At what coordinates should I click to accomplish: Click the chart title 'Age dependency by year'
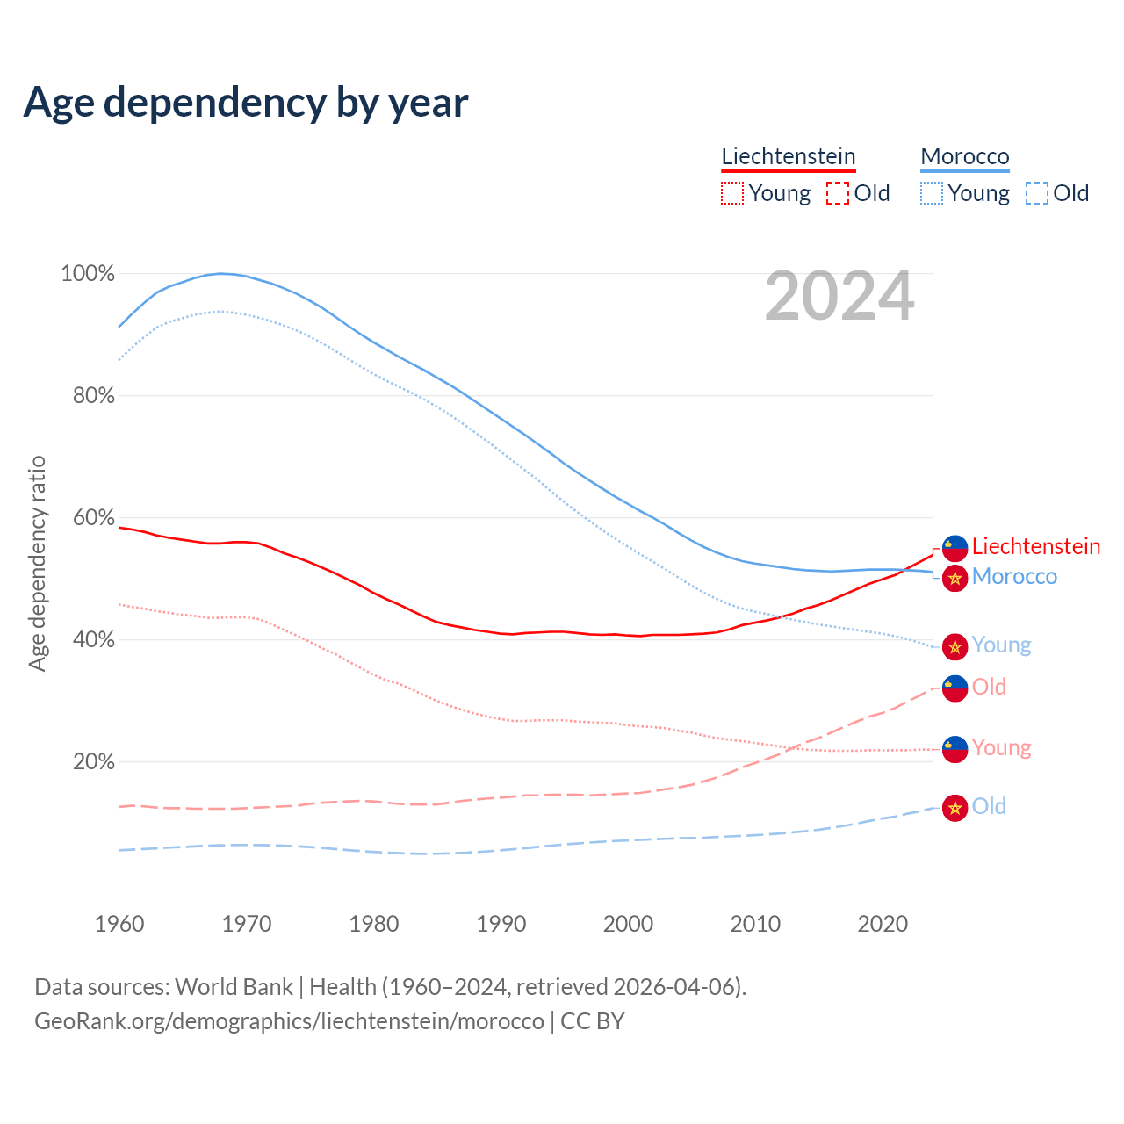coord(246,102)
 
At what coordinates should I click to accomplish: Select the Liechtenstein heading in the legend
coord(788,156)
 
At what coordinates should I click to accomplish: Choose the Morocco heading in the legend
coord(964,156)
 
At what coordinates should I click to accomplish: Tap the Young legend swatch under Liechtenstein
coord(731,193)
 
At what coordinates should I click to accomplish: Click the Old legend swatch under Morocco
coord(1037,193)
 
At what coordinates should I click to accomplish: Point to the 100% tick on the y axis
coord(88,274)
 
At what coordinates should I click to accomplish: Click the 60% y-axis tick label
coord(93,518)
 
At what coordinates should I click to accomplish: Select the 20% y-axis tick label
coord(93,762)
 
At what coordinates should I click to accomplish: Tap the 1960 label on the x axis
coord(119,924)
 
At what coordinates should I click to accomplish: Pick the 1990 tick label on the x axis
coord(501,924)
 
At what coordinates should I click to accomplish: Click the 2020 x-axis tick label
coord(883,924)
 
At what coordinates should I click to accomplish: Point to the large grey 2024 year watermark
coord(839,297)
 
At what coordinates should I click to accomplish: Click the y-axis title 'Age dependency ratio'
coord(37,563)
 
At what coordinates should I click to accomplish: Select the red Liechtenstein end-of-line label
coord(1035,546)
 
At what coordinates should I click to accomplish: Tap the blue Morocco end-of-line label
coord(1014,577)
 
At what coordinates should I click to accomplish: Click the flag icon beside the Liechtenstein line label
coord(955,548)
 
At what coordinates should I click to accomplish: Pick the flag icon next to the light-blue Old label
coord(955,808)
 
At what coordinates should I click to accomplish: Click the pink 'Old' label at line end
coord(989,687)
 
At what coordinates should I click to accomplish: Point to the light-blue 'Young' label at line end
coord(1001,645)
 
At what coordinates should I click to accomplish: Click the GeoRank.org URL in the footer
coord(289,1021)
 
